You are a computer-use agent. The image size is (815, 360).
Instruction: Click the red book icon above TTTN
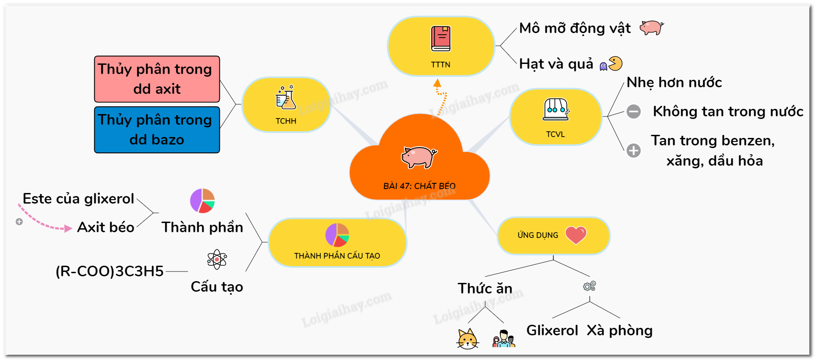(x=441, y=39)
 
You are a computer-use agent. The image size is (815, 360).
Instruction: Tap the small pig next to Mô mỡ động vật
(x=651, y=28)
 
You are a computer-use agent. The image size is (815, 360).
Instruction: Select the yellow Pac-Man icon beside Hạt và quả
(x=615, y=63)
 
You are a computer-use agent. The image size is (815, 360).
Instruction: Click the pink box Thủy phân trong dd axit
(x=157, y=79)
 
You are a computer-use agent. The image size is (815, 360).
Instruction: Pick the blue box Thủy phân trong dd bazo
(x=157, y=130)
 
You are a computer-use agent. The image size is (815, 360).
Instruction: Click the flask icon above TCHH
(x=286, y=98)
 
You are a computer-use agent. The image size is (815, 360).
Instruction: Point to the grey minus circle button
(x=633, y=111)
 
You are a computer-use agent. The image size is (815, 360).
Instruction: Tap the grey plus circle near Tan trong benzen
(x=633, y=151)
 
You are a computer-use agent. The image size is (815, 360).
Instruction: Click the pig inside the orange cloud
(x=419, y=157)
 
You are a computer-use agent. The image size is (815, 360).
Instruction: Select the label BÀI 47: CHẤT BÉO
(x=419, y=186)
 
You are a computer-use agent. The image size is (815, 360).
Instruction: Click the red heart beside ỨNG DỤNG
(x=576, y=235)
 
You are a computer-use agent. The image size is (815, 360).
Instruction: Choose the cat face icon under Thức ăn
(x=467, y=339)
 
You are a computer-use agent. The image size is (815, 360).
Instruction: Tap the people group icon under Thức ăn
(x=504, y=339)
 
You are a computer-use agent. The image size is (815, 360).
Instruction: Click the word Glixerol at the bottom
(x=552, y=330)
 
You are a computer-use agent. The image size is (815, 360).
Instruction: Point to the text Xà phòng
(x=619, y=330)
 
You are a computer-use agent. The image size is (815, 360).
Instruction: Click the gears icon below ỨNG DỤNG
(x=589, y=286)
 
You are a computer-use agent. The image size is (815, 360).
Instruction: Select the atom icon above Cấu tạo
(x=217, y=259)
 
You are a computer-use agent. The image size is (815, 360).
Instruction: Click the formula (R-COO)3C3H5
(x=110, y=271)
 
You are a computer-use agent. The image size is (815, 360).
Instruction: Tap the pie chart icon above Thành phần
(x=202, y=201)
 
